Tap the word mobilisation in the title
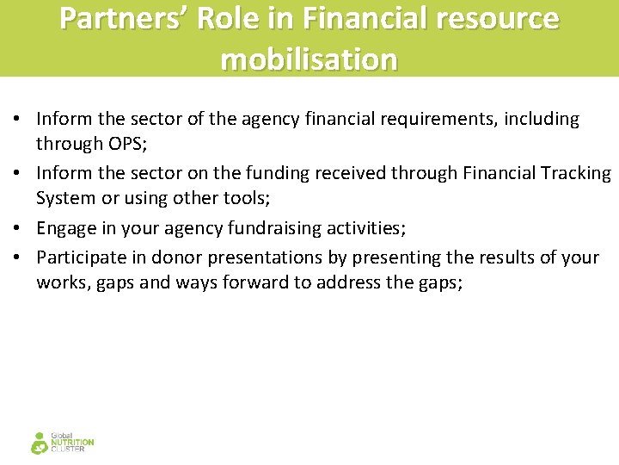309,59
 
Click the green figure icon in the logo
40,443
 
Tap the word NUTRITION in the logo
73,443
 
